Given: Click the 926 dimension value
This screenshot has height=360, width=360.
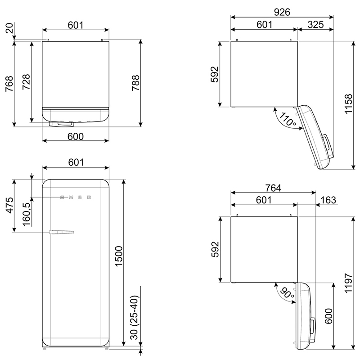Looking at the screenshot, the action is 282,12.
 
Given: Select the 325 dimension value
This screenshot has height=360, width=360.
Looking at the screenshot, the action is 316,25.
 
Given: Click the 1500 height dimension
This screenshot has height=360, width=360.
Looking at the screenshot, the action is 119,256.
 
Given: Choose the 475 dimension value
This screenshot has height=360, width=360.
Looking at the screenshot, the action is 10,206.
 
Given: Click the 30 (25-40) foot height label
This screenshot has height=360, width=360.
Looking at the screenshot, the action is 135,317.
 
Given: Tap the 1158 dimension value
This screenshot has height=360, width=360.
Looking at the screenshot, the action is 348,104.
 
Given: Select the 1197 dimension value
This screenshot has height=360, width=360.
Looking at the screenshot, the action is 348,283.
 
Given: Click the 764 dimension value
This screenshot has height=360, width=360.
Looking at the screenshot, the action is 273,188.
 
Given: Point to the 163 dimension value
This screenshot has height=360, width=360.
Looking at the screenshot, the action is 328,200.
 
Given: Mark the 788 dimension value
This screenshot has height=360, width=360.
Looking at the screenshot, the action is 135,83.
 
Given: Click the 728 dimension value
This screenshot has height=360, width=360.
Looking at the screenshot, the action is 26,82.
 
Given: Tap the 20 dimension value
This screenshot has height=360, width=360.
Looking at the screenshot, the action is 10,28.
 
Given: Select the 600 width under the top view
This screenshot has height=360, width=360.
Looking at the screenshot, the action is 76,137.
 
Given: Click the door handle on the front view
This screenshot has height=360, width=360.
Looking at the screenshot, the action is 61,232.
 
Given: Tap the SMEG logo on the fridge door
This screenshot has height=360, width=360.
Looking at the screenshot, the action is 76,197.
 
